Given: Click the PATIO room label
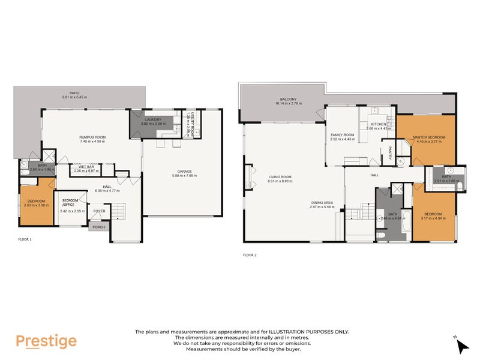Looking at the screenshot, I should click(x=74, y=93).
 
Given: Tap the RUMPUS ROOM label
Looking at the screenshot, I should click(x=92, y=137).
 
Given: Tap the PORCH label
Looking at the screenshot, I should click(x=96, y=227).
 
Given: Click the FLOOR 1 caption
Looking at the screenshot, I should click(x=25, y=239).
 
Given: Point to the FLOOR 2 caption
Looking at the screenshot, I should click(x=249, y=255).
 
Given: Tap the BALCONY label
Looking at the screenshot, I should click(x=289, y=99).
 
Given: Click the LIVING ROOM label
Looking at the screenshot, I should click(x=280, y=176).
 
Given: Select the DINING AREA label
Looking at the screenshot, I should click(x=321, y=202).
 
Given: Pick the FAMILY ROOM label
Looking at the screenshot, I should click(x=343, y=135).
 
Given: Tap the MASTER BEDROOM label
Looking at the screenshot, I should click(x=429, y=137).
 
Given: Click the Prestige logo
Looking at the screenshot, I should click(x=46, y=341).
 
